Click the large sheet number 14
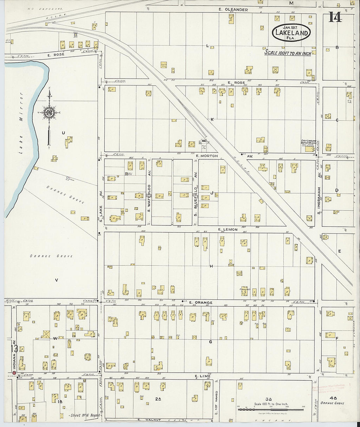pos(335,17)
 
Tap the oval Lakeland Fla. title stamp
pos(291,32)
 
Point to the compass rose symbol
pos(49,113)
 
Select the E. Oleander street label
pos(233,10)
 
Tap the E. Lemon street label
pos(228,230)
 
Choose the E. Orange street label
pos(201,303)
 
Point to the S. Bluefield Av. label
pos(195,202)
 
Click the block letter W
pos(55,338)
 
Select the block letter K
pos(212,119)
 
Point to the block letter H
pos(211,266)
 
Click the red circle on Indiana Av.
pos(14,373)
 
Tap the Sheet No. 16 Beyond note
pos(84,415)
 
